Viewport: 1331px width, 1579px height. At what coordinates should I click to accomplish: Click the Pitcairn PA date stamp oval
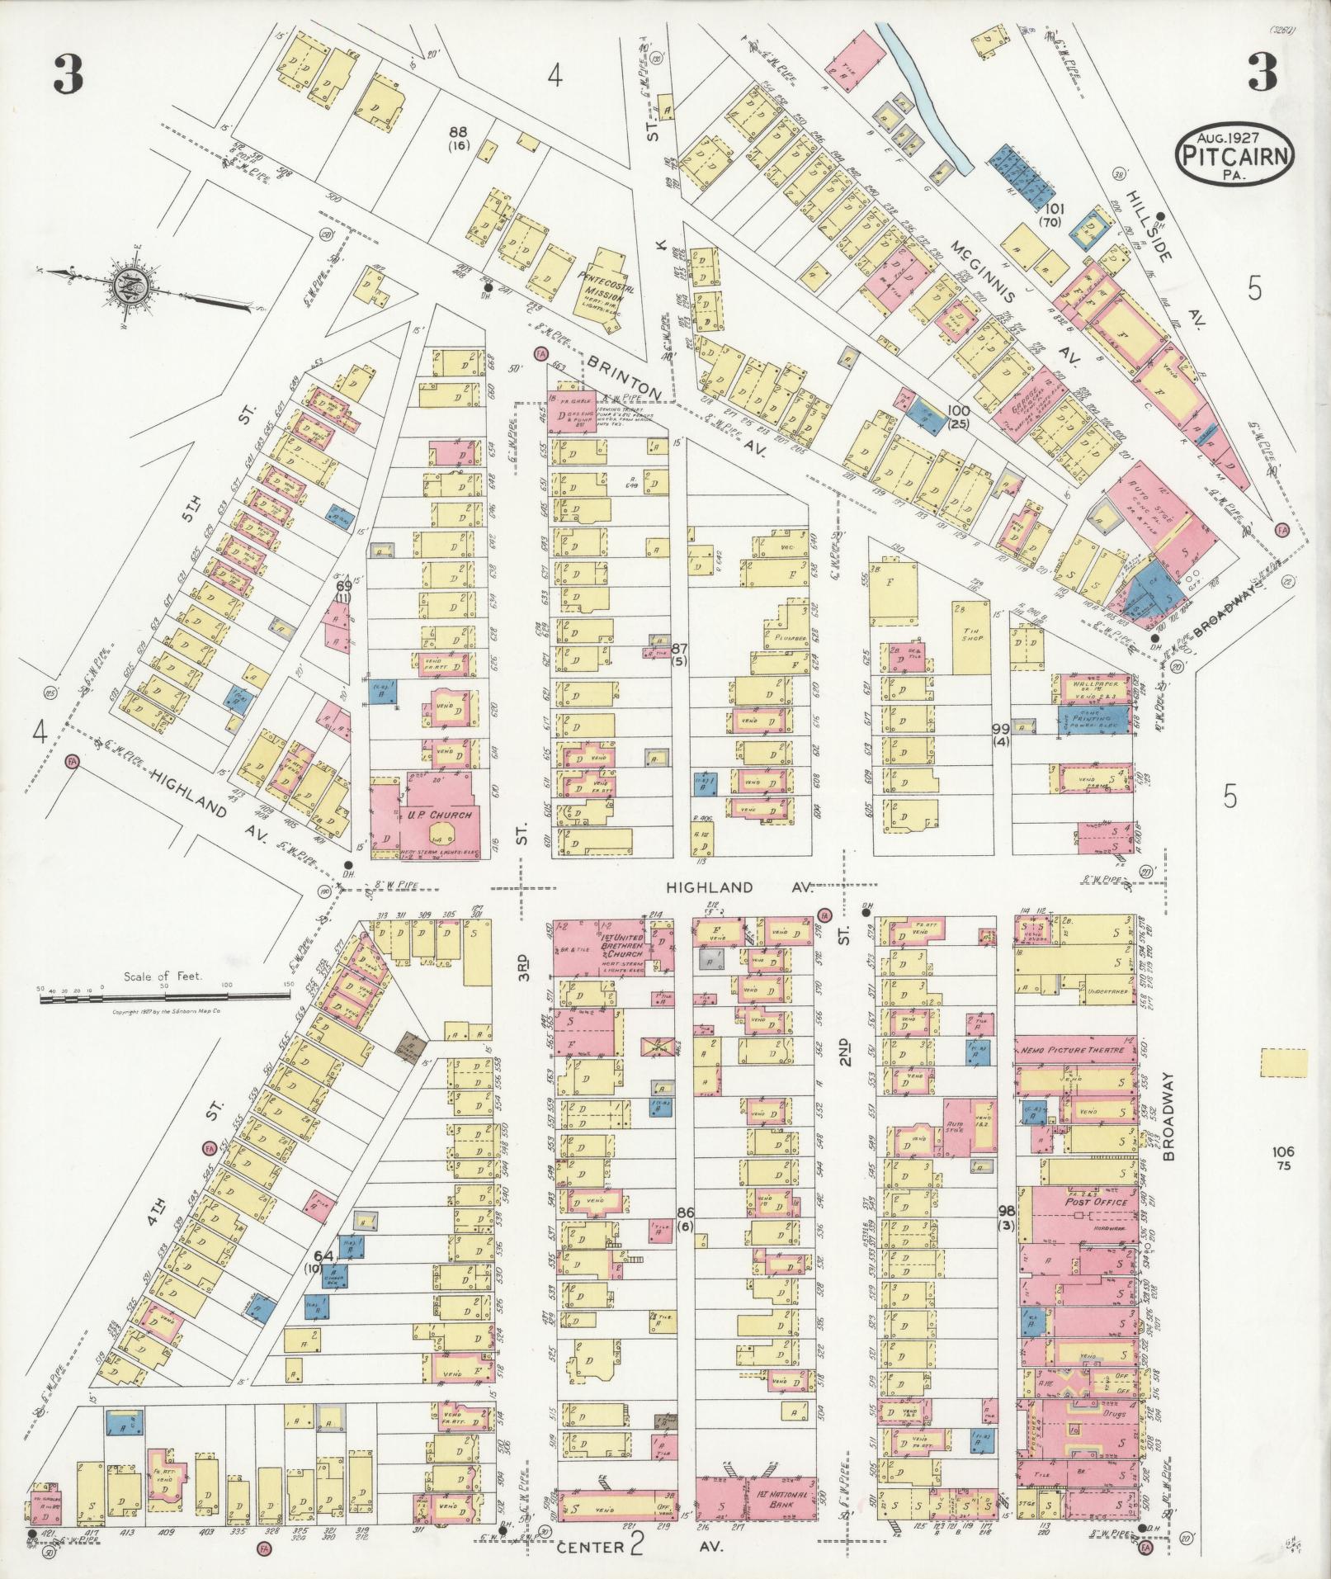click(x=1234, y=154)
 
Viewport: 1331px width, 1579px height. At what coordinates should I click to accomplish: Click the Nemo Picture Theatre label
click(x=1074, y=1050)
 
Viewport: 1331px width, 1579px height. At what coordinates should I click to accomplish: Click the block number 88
click(x=458, y=131)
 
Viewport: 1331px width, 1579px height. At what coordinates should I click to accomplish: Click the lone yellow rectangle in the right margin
click(x=1283, y=1062)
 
